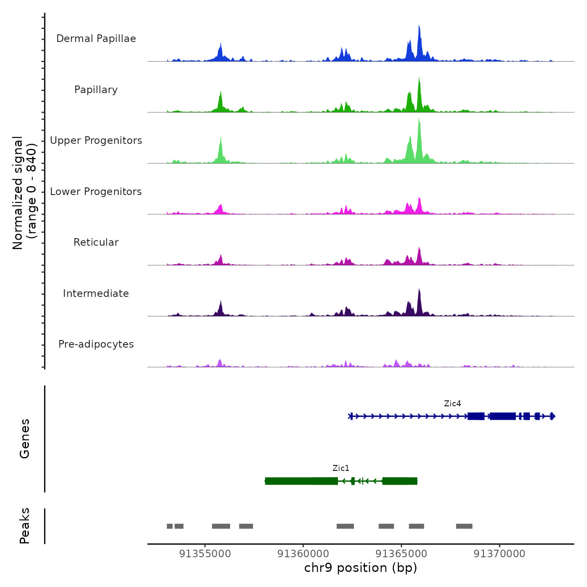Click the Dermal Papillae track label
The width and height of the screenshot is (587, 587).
pyautogui.click(x=96, y=39)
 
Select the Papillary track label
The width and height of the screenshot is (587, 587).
pyautogui.click(x=96, y=90)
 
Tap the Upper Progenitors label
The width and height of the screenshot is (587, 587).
pyautogui.click(x=96, y=140)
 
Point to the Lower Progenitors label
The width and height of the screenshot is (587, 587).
pyautogui.click(x=96, y=192)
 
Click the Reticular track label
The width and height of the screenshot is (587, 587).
pyautogui.click(x=96, y=242)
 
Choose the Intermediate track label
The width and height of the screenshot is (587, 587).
pyautogui.click(x=96, y=293)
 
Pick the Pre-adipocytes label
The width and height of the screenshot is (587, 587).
pyautogui.click(x=96, y=344)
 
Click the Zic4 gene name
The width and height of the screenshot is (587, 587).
pyautogui.click(x=452, y=404)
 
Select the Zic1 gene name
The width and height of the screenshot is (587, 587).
pyautogui.click(x=341, y=468)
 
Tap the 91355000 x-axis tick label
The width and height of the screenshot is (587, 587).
pyautogui.click(x=205, y=554)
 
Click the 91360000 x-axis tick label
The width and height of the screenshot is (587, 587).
pyautogui.click(x=303, y=554)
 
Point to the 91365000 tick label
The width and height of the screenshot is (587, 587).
pyautogui.click(x=401, y=554)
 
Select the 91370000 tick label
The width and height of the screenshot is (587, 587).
pyautogui.click(x=499, y=554)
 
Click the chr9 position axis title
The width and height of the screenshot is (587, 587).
pyautogui.click(x=361, y=568)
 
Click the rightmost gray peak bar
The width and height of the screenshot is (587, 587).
pyautogui.click(x=464, y=526)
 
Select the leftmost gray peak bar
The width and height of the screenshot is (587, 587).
pyautogui.click(x=169, y=526)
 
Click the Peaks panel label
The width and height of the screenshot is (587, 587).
pyautogui.click(x=25, y=526)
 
